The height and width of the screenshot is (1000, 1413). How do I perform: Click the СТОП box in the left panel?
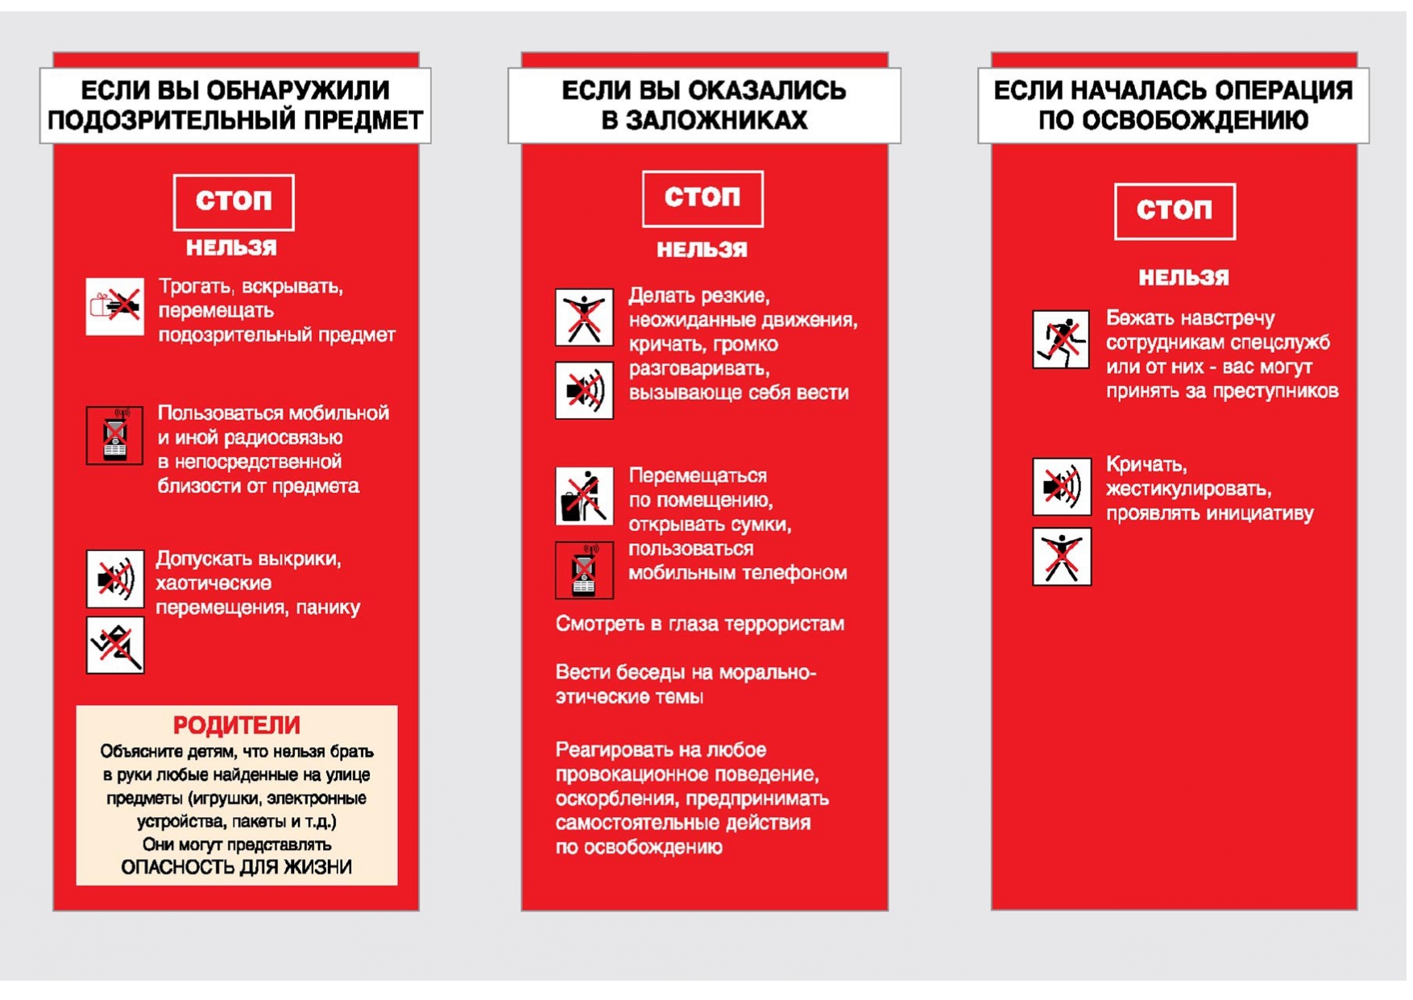pyautogui.click(x=234, y=201)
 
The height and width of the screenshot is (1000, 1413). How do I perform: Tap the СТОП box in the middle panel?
pyautogui.click(x=702, y=198)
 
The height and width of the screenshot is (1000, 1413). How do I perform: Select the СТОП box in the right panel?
pyautogui.click(x=1175, y=211)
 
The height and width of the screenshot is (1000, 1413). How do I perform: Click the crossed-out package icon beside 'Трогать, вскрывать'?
pyautogui.click(x=115, y=306)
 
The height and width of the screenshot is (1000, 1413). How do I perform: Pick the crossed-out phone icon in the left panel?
pyautogui.click(x=115, y=435)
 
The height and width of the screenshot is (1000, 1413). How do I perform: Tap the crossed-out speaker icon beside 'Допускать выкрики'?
pyautogui.click(x=115, y=579)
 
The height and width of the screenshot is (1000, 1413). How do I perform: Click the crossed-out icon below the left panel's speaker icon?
pyautogui.click(x=115, y=645)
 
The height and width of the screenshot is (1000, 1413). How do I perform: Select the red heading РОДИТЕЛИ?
pyautogui.click(x=236, y=725)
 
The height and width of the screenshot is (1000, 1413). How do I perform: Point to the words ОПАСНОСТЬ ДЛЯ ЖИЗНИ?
pyautogui.click(x=236, y=867)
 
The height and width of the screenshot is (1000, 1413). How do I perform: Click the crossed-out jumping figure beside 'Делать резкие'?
pyautogui.click(x=584, y=317)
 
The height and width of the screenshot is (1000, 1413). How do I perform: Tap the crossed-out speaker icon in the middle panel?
pyautogui.click(x=584, y=391)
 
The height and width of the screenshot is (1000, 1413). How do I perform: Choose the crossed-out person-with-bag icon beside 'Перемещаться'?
pyautogui.click(x=584, y=496)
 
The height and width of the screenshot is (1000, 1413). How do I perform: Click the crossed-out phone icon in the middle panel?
pyautogui.click(x=584, y=570)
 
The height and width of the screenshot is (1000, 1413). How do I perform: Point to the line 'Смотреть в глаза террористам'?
pyautogui.click(x=699, y=624)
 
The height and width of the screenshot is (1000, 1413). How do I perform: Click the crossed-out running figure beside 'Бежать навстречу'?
pyautogui.click(x=1061, y=339)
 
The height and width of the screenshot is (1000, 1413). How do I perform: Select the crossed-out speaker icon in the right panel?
pyautogui.click(x=1062, y=487)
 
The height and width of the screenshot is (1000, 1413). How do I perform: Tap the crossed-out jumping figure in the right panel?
pyautogui.click(x=1062, y=556)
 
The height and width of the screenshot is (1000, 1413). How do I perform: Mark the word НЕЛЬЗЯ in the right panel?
pyautogui.click(x=1183, y=278)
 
